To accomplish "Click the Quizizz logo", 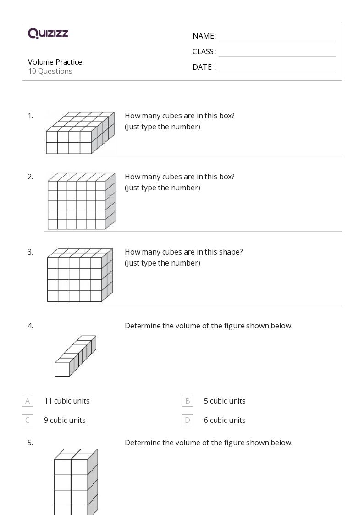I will coord(48,33).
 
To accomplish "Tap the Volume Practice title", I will coord(55,62).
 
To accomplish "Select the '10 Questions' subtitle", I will coord(50,71).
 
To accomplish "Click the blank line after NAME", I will coord(277,37).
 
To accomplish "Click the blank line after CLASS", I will coord(277,52).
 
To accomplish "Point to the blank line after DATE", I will coord(277,68).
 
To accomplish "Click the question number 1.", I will coord(30,116).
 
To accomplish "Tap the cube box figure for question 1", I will coord(80,133).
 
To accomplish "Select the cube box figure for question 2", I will coord(81,201).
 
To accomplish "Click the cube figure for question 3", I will coord(80,275).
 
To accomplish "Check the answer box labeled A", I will coord(28,401).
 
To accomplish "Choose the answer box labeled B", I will coord(188,401).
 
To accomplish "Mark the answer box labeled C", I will coord(28,420).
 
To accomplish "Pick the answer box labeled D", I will coord(188,420).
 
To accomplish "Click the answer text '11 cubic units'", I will coord(67,401).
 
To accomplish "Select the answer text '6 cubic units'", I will coord(225,420).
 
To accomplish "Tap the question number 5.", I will coord(30,443).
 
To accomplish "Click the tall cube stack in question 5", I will coord(76,482).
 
